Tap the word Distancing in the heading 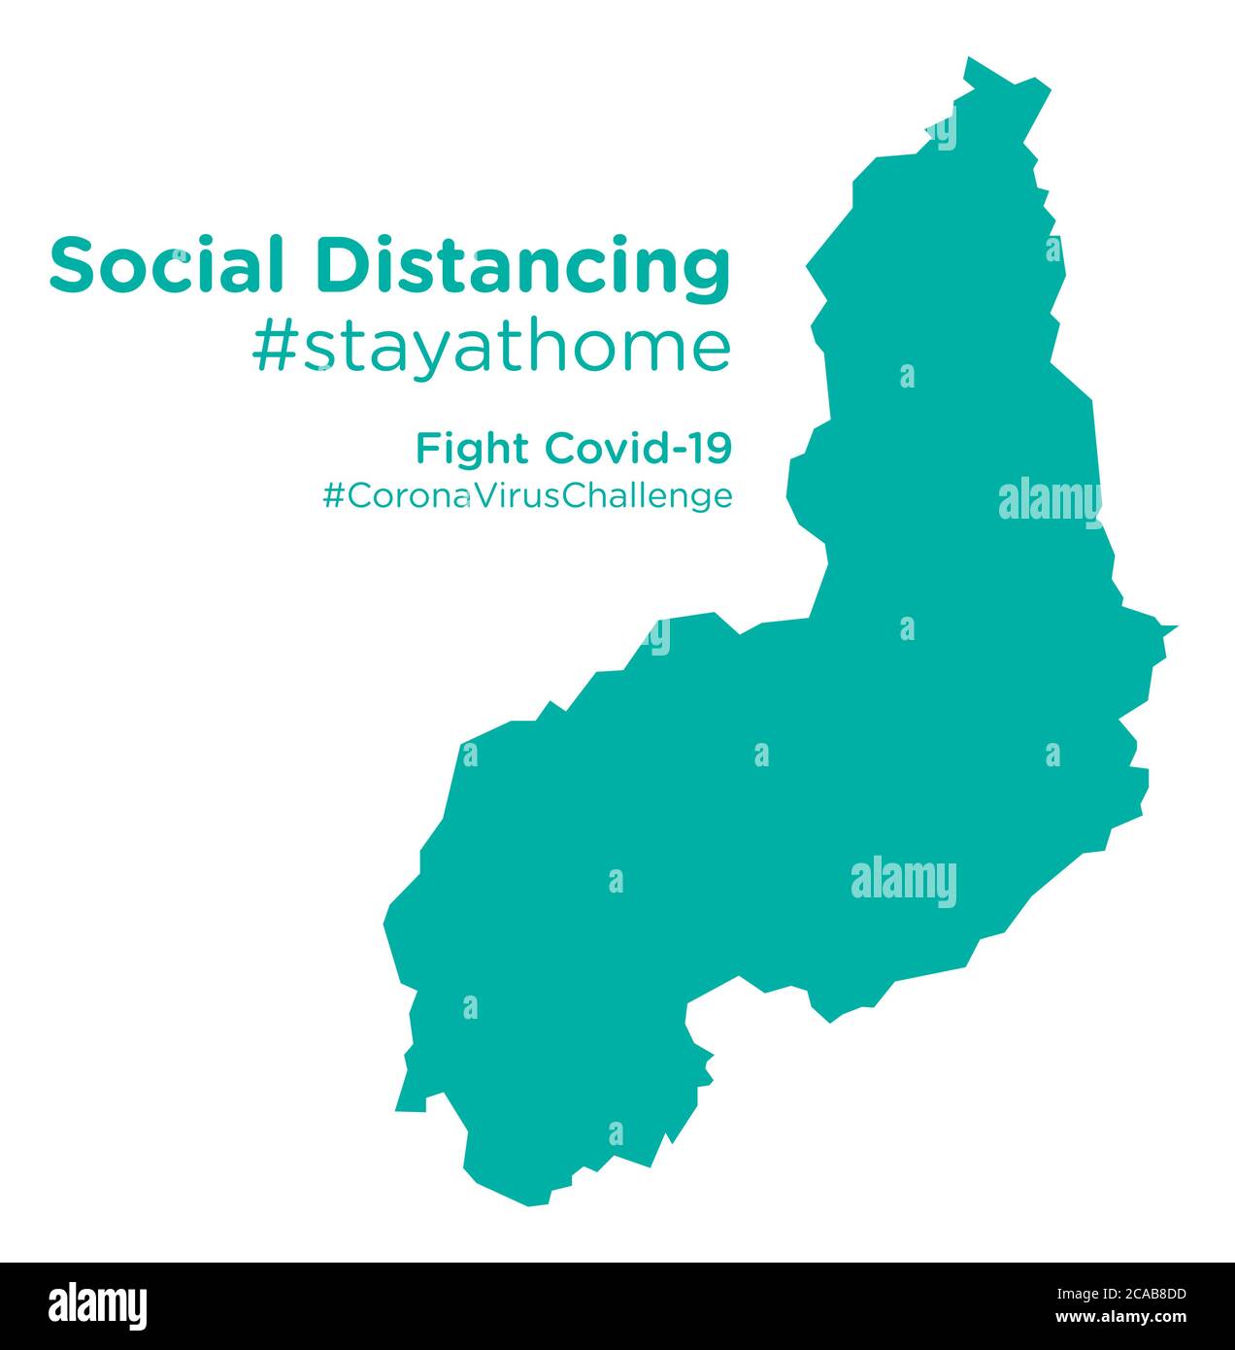[522, 267]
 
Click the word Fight [472, 449]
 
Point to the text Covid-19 [638, 449]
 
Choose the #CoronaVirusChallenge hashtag [527, 496]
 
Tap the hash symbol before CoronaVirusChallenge [334, 496]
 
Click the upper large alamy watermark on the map [1050, 500]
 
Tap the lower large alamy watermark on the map [903, 883]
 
